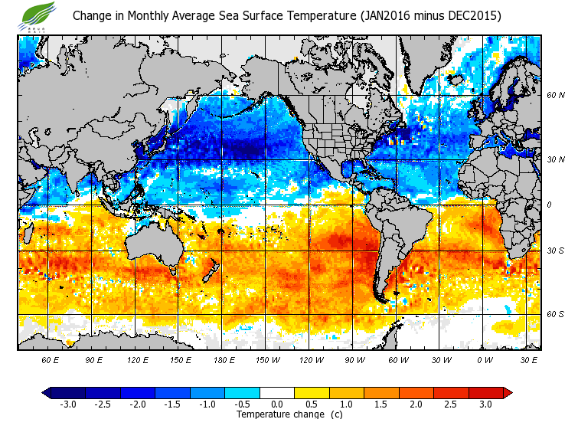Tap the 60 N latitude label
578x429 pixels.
click(x=556, y=96)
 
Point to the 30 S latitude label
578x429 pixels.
click(x=556, y=251)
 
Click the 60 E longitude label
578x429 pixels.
click(x=51, y=359)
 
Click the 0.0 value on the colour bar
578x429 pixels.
click(x=278, y=404)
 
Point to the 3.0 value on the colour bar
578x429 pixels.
click(x=485, y=404)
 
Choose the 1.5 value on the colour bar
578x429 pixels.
click(x=381, y=404)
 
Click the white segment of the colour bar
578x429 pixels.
click(x=277, y=392)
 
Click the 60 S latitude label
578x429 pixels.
click(x=556, y=315)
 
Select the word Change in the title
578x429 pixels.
click(x=93, y=16)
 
